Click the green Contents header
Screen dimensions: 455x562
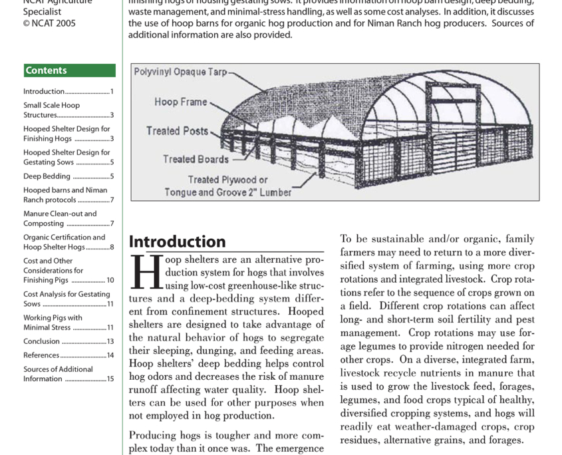coord(69,71)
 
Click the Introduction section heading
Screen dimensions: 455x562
coord(177,241)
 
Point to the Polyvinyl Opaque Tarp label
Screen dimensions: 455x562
coord(180,72)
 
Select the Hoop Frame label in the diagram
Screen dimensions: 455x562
coord(181,102)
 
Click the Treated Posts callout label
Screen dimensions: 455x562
coord(177,131)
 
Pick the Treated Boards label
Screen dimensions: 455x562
coord(196,159)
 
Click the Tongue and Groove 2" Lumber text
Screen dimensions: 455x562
coord(228,192)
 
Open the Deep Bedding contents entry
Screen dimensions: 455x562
coord(47,176)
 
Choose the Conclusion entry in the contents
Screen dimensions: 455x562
coord(41,341)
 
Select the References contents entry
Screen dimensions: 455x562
coord(41,355)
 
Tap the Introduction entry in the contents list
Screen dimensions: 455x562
coord(44,92)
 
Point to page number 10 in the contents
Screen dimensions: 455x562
coord(110,281)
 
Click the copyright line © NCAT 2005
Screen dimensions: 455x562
coord(49,23)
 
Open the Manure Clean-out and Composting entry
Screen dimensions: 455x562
coord(60,219)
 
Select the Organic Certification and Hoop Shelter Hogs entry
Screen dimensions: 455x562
coord(64,242)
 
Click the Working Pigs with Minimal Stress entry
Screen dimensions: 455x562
coord(53,323)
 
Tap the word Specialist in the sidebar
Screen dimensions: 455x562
coord(42,11)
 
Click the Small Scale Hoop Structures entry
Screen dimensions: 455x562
coord(51,110)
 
